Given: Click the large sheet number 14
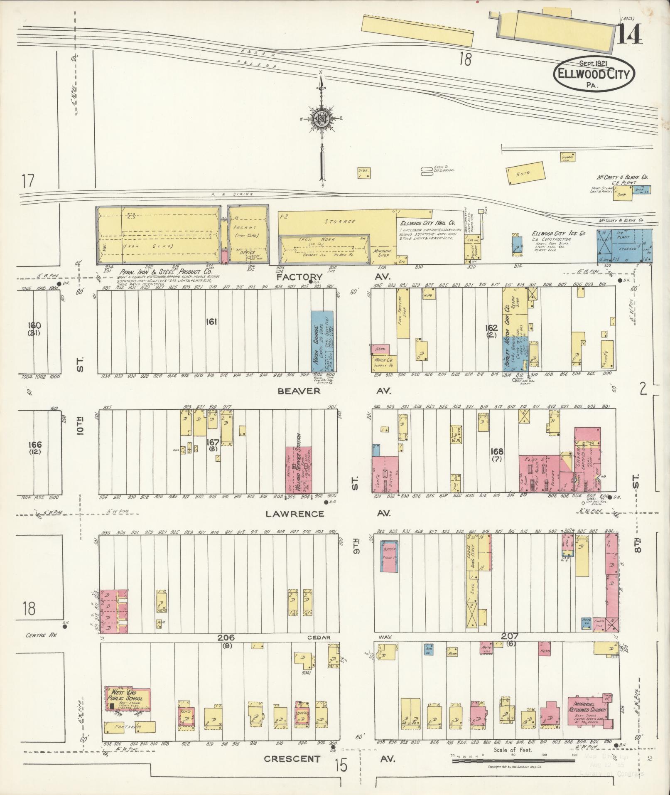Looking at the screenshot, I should click(x=629, y=34).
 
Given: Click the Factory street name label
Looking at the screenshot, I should click(x=299, y=277).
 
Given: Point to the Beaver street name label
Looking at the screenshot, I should click(x=299, y=391).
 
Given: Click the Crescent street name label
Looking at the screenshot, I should click(x=292, y=759).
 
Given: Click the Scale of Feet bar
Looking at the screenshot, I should click(x=513, y=761).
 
